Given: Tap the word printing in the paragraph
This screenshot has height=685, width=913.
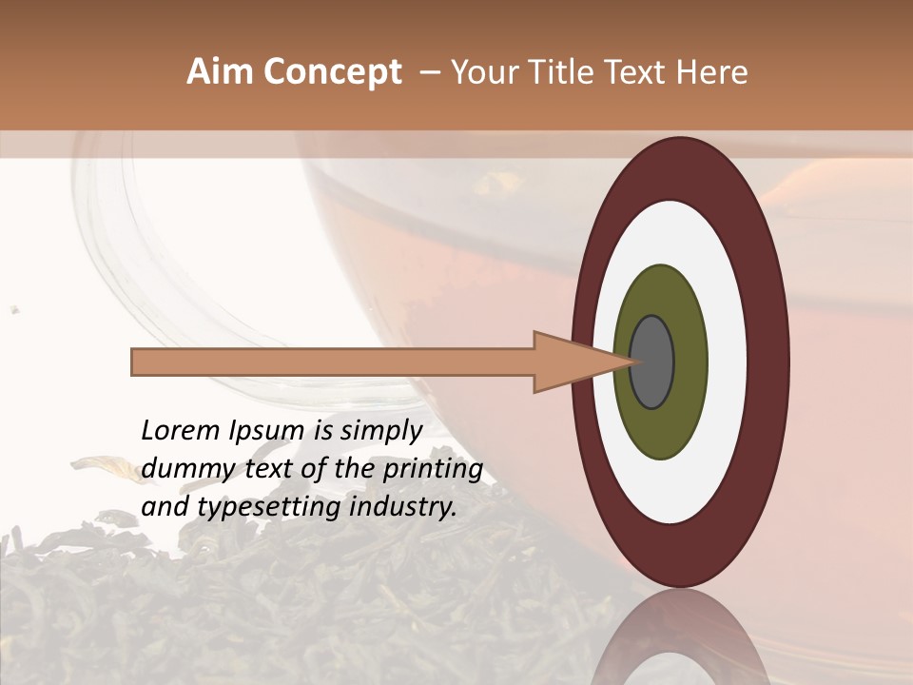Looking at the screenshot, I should [433, 469].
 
